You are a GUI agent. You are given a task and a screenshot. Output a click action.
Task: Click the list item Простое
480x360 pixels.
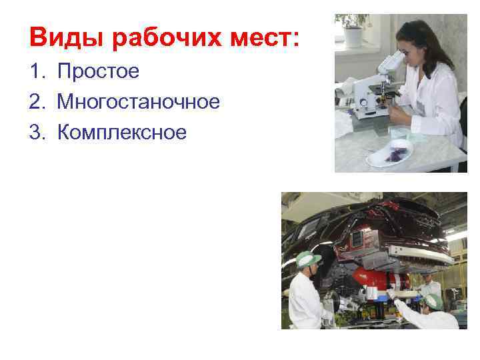pyautogui.click(x=98, y=71)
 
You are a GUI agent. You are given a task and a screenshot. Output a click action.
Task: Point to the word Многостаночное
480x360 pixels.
pyautogui.click(x=138, y=102)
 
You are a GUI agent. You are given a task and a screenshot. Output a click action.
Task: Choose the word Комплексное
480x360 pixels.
pyautogui.click(x=122, y=133)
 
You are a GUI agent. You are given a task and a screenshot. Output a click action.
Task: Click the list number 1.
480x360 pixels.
pyautogui.click(x=35, y=71)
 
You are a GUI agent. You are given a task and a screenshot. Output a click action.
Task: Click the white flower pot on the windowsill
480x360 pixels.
pyautogui.click(x=352, y=39)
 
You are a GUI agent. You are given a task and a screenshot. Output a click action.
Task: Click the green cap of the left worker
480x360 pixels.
pyautogui.click(x=308, y=259)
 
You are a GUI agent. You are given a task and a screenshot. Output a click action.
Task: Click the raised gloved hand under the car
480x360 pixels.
pyautogui.click(x=393, y=293)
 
